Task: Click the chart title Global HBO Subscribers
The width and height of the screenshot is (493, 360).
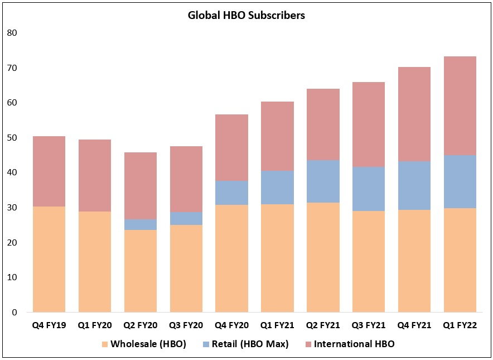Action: coord(246,16)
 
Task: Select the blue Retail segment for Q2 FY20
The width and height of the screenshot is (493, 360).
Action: coord(141,224)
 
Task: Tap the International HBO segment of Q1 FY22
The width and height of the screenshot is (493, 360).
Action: coord(460,106)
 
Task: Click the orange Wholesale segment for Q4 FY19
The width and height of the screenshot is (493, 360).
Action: coord(49,259)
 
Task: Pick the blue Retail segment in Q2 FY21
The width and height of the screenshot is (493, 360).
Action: coord(323,181)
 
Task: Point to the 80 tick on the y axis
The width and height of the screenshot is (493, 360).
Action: coord(12,33)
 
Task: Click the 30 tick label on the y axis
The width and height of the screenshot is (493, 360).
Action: coord(12,208)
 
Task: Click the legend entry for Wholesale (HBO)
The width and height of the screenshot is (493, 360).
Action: coord(146,344)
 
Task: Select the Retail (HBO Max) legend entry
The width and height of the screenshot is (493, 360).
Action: coord(249,344)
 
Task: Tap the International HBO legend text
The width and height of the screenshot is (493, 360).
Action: coord(354,344)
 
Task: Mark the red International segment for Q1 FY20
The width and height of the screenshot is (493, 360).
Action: coord(95,175)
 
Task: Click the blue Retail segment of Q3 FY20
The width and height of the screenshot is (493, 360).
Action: coord(186,218)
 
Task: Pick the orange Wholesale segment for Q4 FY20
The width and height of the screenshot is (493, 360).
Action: coord(232,258)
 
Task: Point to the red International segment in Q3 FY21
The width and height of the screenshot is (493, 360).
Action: coord(369,124)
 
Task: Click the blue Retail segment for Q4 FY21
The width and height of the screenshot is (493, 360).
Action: coord(414,185)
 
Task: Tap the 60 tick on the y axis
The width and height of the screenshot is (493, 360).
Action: coord(12,103)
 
